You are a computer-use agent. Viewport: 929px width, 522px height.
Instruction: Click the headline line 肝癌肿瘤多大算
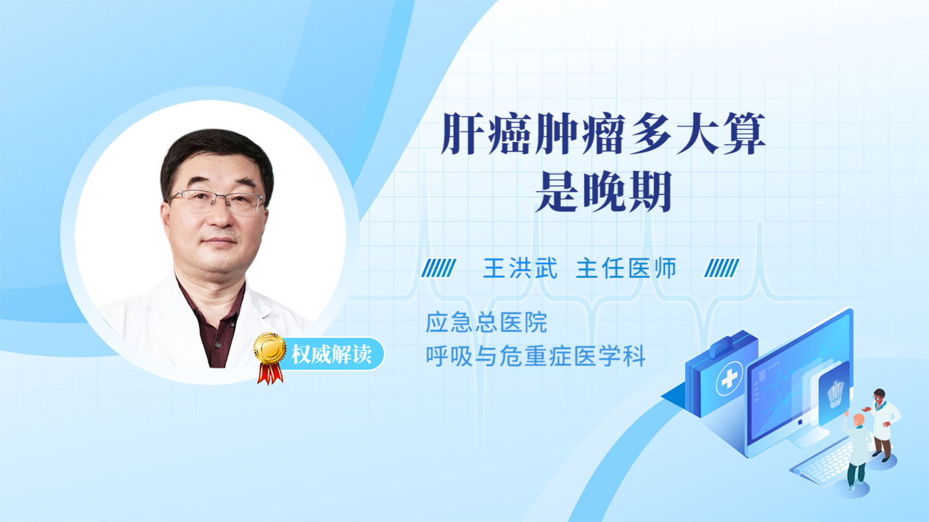pyautogui.click(x=603, y=133)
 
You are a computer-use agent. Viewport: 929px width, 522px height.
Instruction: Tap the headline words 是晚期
pyautogui.click(x=603, y=192)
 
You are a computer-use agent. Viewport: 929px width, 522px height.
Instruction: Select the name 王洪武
pyautogui.click(x=520, y=268)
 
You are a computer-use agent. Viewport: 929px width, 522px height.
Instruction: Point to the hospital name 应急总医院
pyautogui.click(x=487, y=322)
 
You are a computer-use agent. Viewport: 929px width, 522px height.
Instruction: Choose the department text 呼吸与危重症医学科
pyautogui.click(x=535, y=356)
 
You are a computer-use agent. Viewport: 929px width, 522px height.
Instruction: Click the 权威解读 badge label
pyautogui.click(x=331, y=354)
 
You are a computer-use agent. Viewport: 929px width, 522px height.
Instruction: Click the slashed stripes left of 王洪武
pyautogui.click(x=438, y=268)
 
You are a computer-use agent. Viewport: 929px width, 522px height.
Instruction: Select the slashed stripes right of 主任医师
pyautogui.click(x=722, y=268)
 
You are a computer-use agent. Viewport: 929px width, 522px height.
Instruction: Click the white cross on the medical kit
pyautogui.click(x=729, y=378)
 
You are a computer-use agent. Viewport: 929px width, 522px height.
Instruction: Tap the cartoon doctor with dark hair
pyautogui.click(x=882, y=425)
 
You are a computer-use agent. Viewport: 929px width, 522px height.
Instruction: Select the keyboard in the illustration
pyautogui.click(x=823, y=464)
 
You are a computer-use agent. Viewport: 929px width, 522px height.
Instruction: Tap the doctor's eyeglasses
pyautogui.click(x=217, y=202)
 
